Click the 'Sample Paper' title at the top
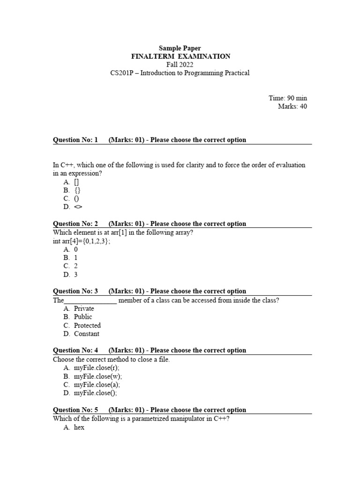180,48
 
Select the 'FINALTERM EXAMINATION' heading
180,56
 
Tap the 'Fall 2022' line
180,65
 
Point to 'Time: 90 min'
288,98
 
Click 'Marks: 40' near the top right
292,106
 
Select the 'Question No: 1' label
75,140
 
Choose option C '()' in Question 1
76,198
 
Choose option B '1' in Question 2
76,258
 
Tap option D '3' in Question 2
76,275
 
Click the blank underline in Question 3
90,301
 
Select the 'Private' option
84,308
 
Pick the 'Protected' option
87,325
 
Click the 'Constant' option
87,334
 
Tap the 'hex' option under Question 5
79,427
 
